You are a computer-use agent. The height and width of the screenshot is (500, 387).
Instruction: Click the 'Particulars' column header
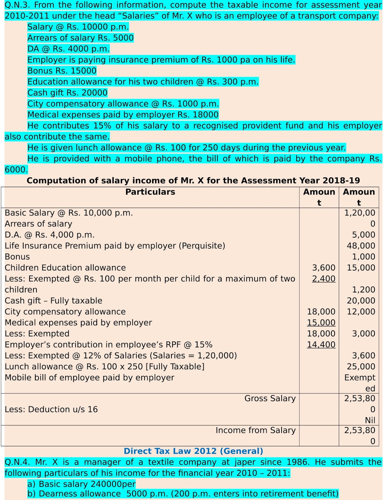pyautogui.click(x=150, y=192)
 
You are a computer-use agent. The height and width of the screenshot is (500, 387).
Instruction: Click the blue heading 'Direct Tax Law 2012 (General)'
pyautogui.click(x=193, y=451)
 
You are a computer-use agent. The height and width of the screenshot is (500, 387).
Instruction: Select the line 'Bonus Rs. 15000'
pyautogui.click(x=62, y=71)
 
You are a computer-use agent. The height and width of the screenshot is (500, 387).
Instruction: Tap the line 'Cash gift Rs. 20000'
pyautogui.click(x=67, y=93)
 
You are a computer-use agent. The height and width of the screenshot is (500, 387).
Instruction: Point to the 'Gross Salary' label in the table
pyautogui.click(x=270, y=398)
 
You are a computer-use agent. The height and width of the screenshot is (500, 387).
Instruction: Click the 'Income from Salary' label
pyautogui.click(x=256, y=430)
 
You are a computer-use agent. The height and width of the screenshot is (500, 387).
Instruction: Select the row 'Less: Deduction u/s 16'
pyautogui.click(x=51, y=409)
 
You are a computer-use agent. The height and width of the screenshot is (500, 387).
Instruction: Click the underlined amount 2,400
pyautogui.click(x=323, y=279)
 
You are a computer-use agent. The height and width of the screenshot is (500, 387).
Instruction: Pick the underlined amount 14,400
pyautogui.click(x=321, y=345)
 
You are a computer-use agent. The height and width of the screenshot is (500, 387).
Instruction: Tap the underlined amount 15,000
pyautogui.click(x=321, y=322)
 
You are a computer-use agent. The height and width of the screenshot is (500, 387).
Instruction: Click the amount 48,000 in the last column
pyautogui.click(x=361, y=246)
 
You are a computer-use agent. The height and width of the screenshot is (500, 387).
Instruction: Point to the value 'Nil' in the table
pyautogui.click(x=370, y=420)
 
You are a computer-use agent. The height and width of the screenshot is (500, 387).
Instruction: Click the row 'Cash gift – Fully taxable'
pyautogui.click(x=53, y=301)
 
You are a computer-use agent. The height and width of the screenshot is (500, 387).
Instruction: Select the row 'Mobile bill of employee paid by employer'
pyautogui.click(x=89, y=377)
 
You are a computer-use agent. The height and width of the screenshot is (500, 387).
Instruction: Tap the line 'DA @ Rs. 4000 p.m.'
pyautogui.click(x=69, y=49)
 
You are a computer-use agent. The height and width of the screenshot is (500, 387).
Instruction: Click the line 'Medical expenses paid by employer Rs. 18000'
pyautogui.click(x=123, y=115)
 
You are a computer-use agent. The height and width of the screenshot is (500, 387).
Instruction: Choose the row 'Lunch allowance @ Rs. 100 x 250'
pyautogui.click(x=104, y=367)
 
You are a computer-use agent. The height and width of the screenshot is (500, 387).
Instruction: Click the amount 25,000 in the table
pyautogui.click(x=361, y=367)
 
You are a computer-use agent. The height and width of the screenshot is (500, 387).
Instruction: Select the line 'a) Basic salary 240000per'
pyautogui.click(x=81, y=484)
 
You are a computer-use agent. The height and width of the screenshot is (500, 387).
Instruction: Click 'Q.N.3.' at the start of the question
pyautogui.click(x=17, y=5)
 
